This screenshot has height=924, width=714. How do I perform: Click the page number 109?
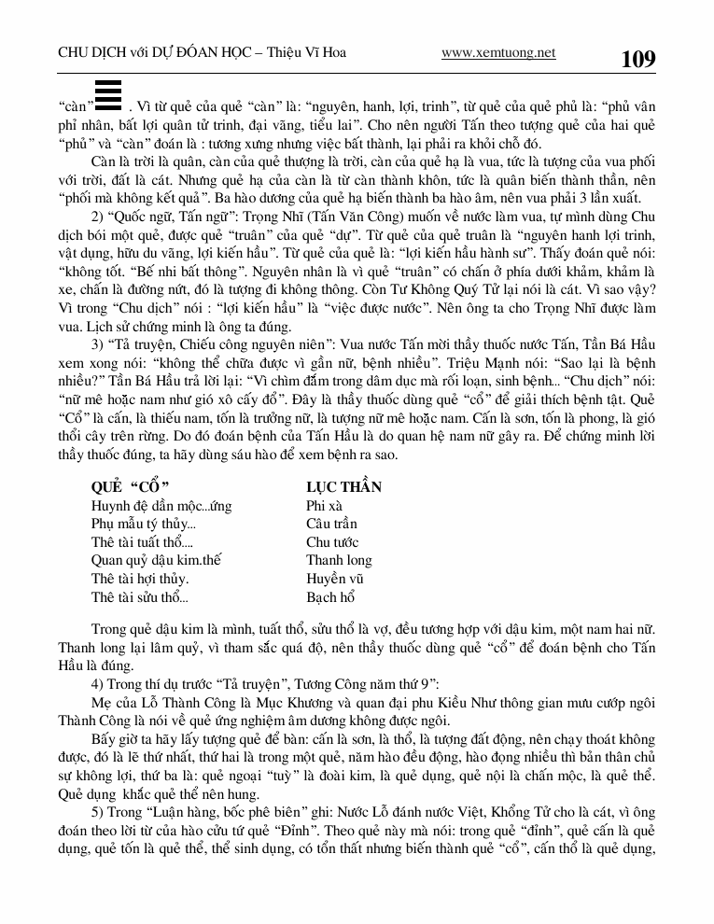pyautogui.click(x=638, y=59)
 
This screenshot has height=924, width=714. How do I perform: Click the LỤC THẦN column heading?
pyautogui.click(x=343, y=487)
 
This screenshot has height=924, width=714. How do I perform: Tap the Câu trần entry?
pyautogui.click(x=331, y=524)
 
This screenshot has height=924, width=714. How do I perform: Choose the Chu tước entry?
pyautogui.click(x=332, y=542)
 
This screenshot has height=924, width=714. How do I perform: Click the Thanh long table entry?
pyautogui.click(x=339, y=561)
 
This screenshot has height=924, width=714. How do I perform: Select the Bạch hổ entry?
pyautogui.click(x=330, y=597)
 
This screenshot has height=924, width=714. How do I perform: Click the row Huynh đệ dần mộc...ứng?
pyautogui.click(x=161, y=506)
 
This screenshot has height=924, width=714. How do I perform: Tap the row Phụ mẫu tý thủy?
pyautogui.click(x=143, y=524)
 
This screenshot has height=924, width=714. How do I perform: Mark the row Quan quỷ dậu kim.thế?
pyautogui.click(x=155, y=561)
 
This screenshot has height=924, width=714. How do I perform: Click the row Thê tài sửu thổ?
pyautogui.click(x=140, y=597)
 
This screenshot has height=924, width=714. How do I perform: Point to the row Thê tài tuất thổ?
pyautogui.click(x=142, y=542)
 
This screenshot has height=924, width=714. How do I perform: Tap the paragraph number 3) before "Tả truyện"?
pyautogui.click(x=99, y=344)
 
